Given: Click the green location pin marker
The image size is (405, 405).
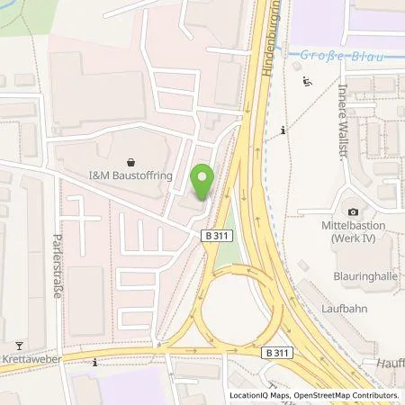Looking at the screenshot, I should tap(203, 183).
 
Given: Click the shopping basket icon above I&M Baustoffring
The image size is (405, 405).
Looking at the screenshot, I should tap(133, 163).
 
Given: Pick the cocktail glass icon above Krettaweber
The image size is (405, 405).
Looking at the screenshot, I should tap(18, 345).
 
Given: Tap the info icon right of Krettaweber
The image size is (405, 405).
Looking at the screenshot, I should tap(94, 362).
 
